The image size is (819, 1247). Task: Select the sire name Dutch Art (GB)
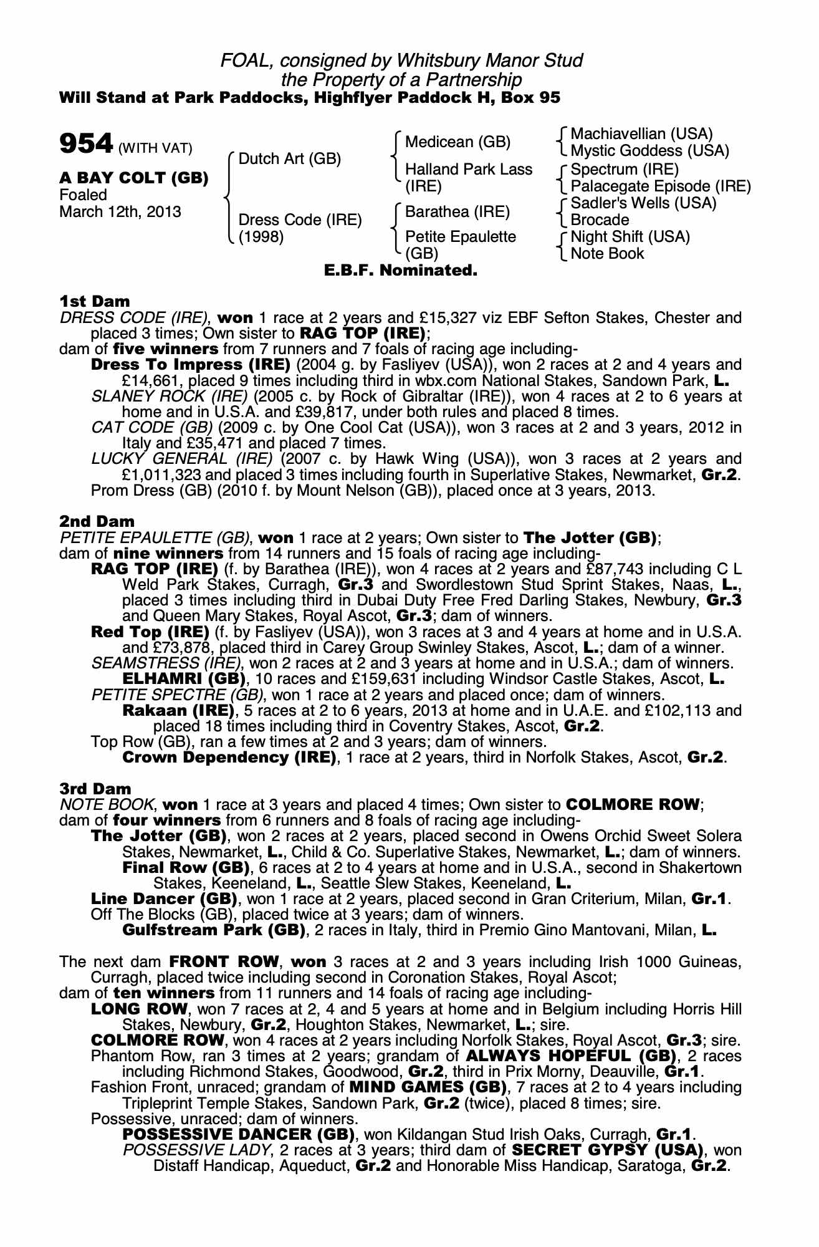pos(290,158)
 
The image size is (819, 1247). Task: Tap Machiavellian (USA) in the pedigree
pos(641,134)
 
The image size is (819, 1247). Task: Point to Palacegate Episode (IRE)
pos(660,186)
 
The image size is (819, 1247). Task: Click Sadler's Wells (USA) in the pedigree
pos(643,203)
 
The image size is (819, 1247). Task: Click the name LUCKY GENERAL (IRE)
pos(182,459)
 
